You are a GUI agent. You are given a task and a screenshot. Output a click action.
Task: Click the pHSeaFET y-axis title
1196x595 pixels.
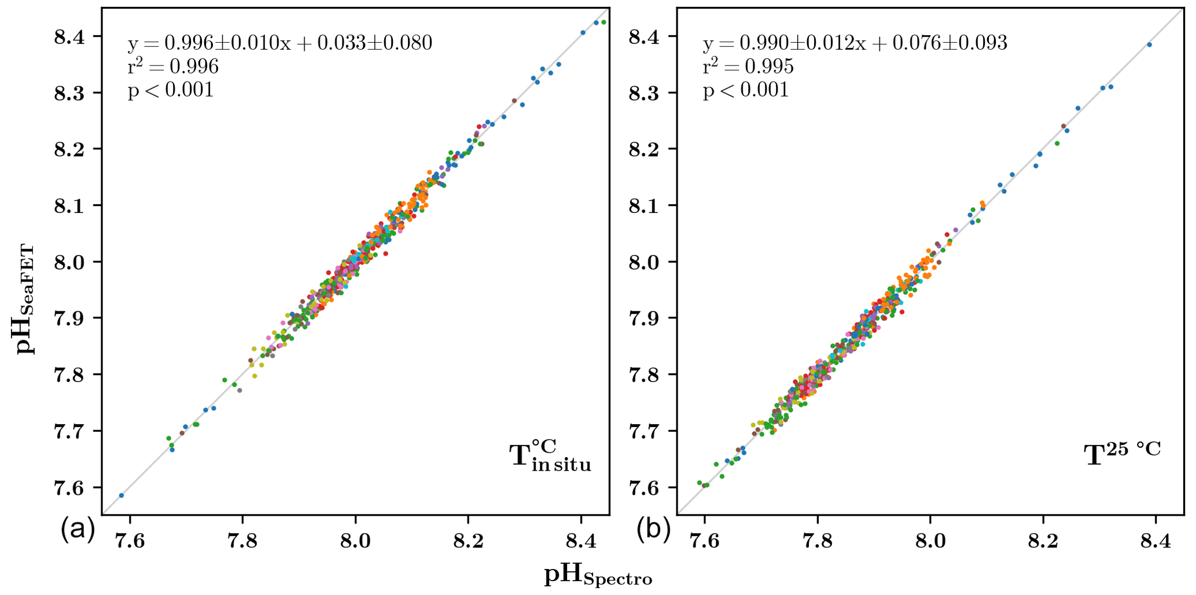[x=25, y=299]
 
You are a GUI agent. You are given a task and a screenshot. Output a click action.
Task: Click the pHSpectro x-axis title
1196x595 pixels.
[x=598, y=575]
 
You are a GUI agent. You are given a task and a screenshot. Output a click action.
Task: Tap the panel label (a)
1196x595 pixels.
[x=78, y=530]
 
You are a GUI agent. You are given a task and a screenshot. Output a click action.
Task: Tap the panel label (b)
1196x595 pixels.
[x=653, y=530]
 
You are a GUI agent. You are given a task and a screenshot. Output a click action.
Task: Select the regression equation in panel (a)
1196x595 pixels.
[x=279, y=43]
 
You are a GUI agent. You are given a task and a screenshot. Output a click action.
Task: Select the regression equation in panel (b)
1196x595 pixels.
[x=855, y=43]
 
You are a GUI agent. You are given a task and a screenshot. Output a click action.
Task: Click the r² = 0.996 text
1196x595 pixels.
[x=173, y=67]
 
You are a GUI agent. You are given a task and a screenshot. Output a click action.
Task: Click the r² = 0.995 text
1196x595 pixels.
[x=748, y=67]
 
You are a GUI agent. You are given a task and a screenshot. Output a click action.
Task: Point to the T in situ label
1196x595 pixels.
[x=550, y=456]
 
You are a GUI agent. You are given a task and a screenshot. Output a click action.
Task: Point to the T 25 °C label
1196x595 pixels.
[x=1122, y=454]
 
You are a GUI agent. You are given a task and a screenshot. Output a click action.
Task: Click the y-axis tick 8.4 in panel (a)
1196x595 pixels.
[x=69, y=36]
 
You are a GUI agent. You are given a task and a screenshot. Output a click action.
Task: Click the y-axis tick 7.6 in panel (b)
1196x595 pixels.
[x=645, y=487]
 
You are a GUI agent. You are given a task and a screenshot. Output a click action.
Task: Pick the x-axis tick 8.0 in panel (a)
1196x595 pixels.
[x=355, y=541]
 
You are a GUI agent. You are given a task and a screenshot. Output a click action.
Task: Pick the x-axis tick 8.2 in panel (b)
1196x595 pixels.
[x=1043, y=541]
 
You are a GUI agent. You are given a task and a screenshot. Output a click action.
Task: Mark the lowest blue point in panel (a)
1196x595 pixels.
[x=122, y=495]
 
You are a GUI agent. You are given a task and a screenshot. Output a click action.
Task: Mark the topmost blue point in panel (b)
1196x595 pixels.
[x=1149, y=45]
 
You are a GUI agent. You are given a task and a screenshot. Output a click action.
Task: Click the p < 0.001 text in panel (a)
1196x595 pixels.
[x=171, y=90]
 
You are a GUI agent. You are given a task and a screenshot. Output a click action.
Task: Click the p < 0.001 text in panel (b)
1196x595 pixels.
[x=746, y=90]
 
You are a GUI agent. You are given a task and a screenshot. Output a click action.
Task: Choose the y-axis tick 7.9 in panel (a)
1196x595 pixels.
[x=69, y=318]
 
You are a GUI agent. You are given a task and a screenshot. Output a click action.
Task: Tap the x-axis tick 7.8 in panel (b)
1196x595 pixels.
[x=817, y=541]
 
